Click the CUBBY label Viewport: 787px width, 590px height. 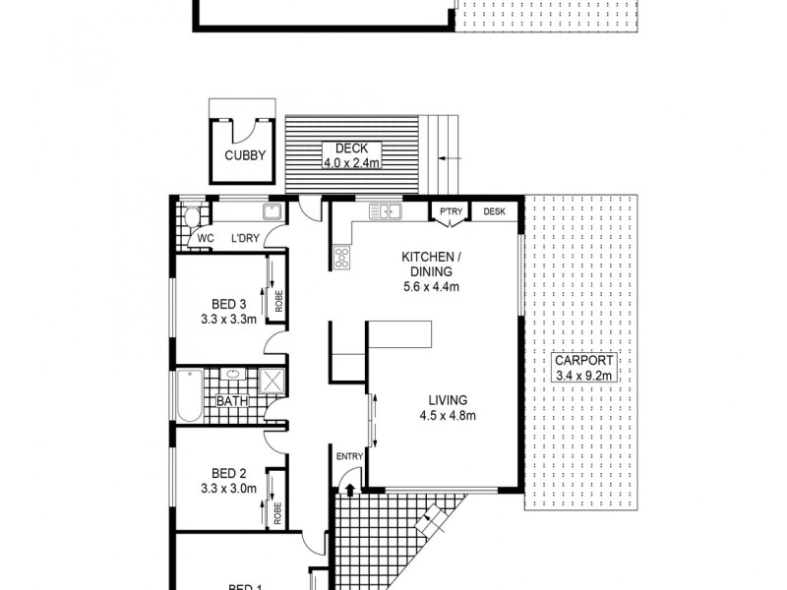point(244,154)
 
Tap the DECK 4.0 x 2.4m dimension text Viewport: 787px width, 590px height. point(351,163)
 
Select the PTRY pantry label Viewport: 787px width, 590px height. point(452,211)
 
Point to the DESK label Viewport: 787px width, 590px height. point(494,211)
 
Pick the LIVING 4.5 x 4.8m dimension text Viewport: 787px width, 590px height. point(448,416)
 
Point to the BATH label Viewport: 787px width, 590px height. point(231,401)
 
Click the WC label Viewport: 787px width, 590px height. point(206,238)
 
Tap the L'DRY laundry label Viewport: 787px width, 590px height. point(245,238)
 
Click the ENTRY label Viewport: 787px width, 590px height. point(349,456)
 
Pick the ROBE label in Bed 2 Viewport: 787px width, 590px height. point(278,513)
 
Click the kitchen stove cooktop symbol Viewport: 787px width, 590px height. point(342,259)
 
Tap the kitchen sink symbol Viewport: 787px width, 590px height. point(385,209)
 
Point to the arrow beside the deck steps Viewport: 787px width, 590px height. point(449,157)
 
